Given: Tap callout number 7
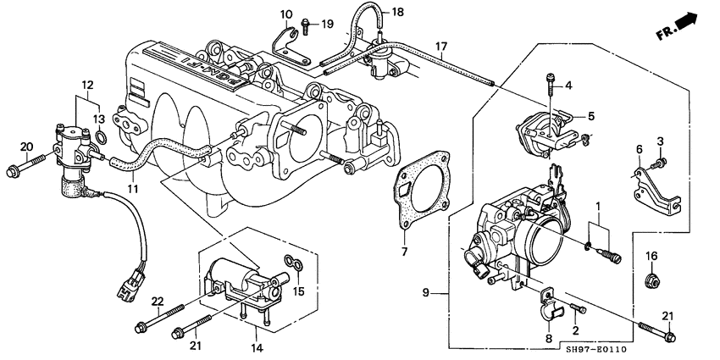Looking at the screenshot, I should pyautogui.click(x=404, y=252).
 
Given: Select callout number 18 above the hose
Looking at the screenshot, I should pyautogui.click(x=398, y=12).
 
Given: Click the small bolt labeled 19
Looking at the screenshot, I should pyautogui.click(x=308, y=23).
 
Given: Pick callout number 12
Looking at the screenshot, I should pyautogui.click(x=86, y=85).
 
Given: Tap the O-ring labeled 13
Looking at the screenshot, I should pyautogui.click(x=101, y=138).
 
